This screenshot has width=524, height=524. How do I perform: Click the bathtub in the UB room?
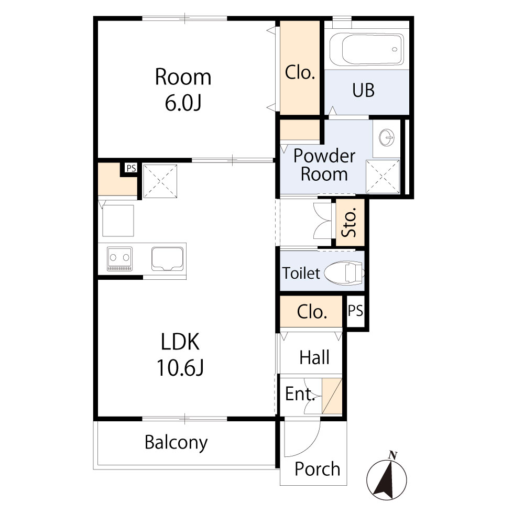367,49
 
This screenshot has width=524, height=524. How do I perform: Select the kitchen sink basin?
168,259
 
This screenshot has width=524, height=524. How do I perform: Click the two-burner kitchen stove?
120,259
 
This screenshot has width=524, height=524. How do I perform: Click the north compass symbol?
387,477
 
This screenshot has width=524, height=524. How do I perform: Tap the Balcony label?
176,443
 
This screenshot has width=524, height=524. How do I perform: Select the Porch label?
317,469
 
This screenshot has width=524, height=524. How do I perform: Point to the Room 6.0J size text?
183,103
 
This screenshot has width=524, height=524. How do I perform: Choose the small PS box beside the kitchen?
130,169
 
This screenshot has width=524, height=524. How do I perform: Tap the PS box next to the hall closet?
355,311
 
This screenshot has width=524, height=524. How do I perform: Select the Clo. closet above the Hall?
312,312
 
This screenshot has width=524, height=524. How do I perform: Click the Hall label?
314,358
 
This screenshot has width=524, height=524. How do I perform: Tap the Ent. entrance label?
299,394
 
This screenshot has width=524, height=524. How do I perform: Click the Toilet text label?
301,273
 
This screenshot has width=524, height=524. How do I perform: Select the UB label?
363,91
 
